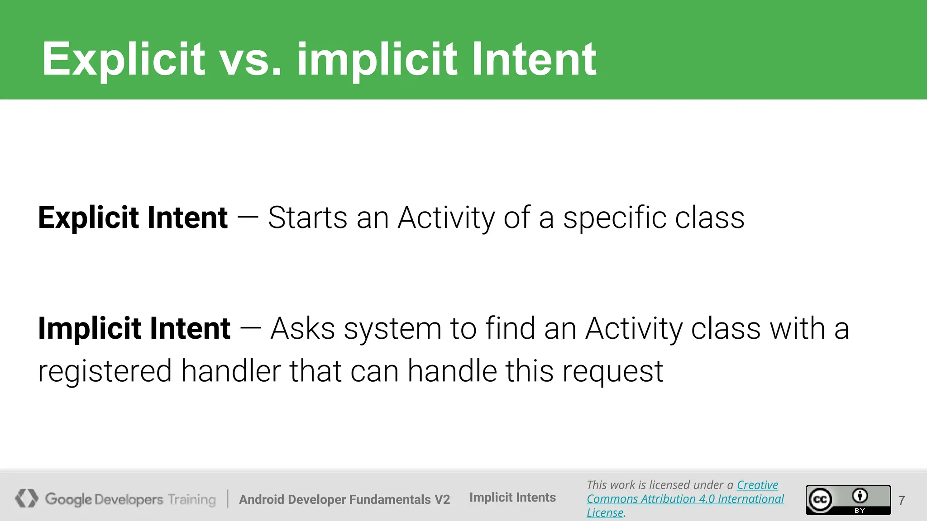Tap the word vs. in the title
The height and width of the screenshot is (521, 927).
coord(250,59)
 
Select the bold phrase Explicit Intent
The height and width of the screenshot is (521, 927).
coord(133,218)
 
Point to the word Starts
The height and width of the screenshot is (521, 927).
coord(307,218)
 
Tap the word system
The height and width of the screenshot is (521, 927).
coord(392,329)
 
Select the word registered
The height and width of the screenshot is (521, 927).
coord(105,371)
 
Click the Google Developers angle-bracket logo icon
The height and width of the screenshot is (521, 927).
coord(26,498)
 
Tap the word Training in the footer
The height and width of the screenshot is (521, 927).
coord(192,499)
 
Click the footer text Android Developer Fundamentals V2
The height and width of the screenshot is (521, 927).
coord(344,499)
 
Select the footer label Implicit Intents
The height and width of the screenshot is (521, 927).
coord(512,497)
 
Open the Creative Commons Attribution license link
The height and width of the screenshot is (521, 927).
coord(685,499)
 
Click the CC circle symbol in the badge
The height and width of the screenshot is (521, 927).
coord(820,500)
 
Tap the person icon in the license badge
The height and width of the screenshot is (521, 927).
coord(860,496)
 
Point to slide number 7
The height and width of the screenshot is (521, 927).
coord(902,500)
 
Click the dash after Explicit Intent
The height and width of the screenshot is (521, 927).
coord(248,218)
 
